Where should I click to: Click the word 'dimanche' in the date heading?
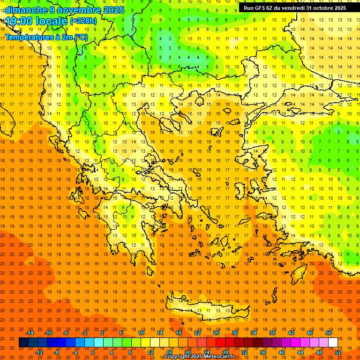click(23, 10)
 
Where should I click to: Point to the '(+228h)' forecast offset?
click(83, 21)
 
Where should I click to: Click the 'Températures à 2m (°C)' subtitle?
click(46, 37)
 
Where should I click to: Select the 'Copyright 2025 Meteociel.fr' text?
click(199, 357)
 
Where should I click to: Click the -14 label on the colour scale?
click(30, 333)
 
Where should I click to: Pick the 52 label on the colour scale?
click(338, 352)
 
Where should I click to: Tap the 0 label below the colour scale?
click(93, 352)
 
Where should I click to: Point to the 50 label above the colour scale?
click(329, 333)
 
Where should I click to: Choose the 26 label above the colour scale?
click(216, 333)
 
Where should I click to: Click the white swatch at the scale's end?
click(333, 343)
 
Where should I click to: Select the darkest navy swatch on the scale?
click(23, 343)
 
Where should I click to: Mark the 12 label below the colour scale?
click(150, 352)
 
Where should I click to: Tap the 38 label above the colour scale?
click(272, 333)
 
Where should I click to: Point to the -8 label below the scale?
click(57, 352)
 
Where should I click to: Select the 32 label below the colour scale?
click(244, 352)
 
